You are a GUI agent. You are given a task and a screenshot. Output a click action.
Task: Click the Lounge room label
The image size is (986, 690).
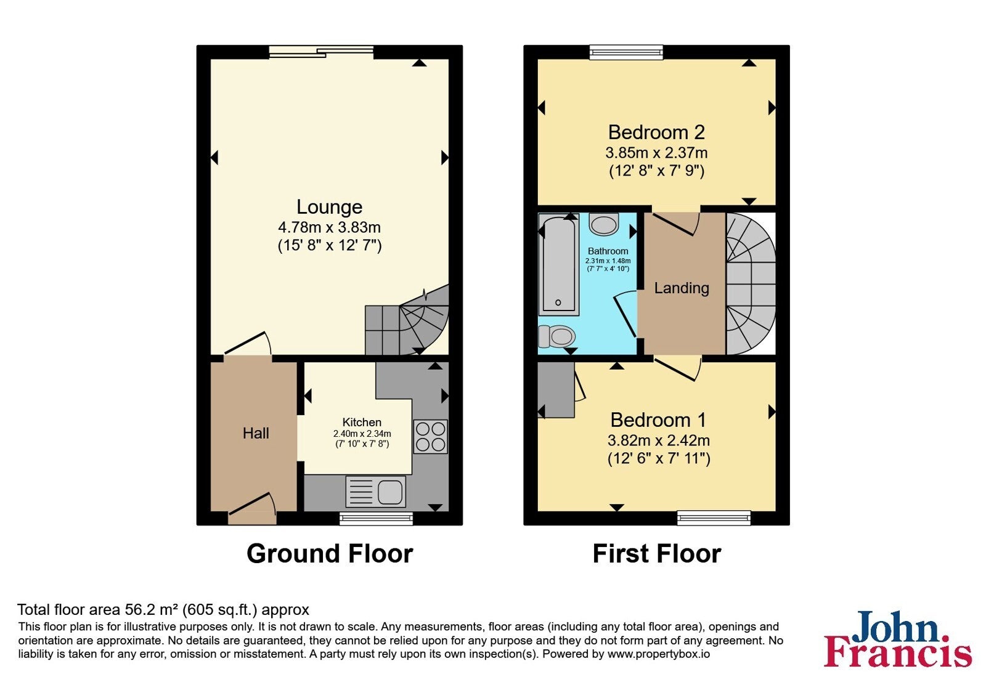coord(329,207)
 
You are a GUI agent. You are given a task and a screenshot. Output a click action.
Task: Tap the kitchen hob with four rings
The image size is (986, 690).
coord(430,437)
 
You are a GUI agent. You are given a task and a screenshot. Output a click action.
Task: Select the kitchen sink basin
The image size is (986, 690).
coord(391,492)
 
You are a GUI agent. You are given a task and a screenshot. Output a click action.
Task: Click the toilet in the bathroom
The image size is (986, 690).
coord(556,336)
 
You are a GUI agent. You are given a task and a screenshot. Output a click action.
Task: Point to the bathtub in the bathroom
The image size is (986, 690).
coord(558,264)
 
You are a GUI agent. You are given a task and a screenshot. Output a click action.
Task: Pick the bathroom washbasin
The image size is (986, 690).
coord(604,224)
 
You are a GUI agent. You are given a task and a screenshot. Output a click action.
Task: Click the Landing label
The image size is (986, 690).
coord(682,288)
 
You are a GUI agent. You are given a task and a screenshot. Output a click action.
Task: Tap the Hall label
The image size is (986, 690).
coord(256,433)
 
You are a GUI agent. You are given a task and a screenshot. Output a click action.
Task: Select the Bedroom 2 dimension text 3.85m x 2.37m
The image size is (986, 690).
coord(656,153)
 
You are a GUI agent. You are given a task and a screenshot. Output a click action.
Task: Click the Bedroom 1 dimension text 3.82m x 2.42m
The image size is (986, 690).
coord(659,440)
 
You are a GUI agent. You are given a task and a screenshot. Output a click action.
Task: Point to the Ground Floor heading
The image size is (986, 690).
coord(330,554)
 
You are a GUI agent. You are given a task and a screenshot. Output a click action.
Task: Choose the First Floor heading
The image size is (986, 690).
coord(657,554)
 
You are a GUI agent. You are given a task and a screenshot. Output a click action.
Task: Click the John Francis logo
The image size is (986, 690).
coord(897,638)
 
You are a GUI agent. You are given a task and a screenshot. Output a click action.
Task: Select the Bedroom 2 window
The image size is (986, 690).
coord(626,52)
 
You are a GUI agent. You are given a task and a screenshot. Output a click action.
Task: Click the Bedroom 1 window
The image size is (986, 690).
coord(714,518)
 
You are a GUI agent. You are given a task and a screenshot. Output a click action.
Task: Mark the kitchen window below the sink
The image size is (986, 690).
coord(376,518)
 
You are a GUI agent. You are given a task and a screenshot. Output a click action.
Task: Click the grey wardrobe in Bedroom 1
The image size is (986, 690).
coord(556,389)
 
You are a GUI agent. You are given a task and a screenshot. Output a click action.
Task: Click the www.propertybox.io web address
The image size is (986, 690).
coord(659,654)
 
